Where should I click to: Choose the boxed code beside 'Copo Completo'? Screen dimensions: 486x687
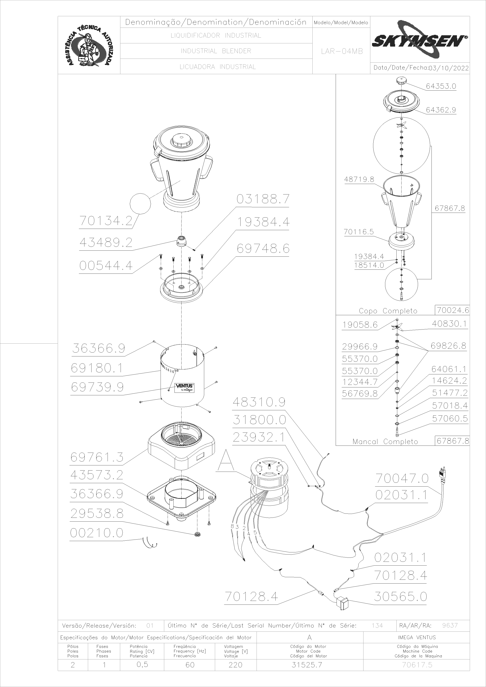(452, 310)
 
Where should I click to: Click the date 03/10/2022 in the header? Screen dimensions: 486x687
(449, 68)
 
